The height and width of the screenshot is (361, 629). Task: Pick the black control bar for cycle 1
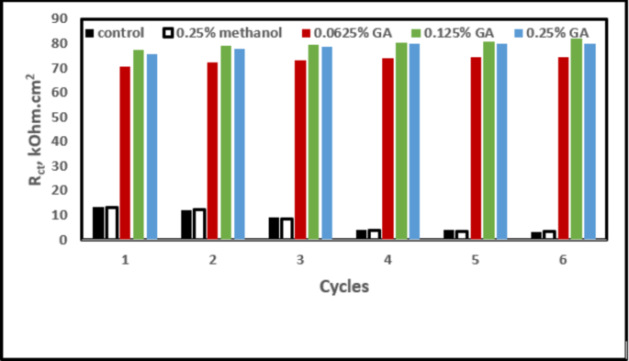point(98,223)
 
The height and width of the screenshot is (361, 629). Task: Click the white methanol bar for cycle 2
point(199,224)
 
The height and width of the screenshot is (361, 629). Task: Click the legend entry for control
point(114,33)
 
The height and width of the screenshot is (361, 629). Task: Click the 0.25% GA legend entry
point(550,33)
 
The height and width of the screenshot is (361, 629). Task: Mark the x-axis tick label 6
point(563,261)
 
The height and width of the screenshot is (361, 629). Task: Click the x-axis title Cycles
point(344,287)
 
